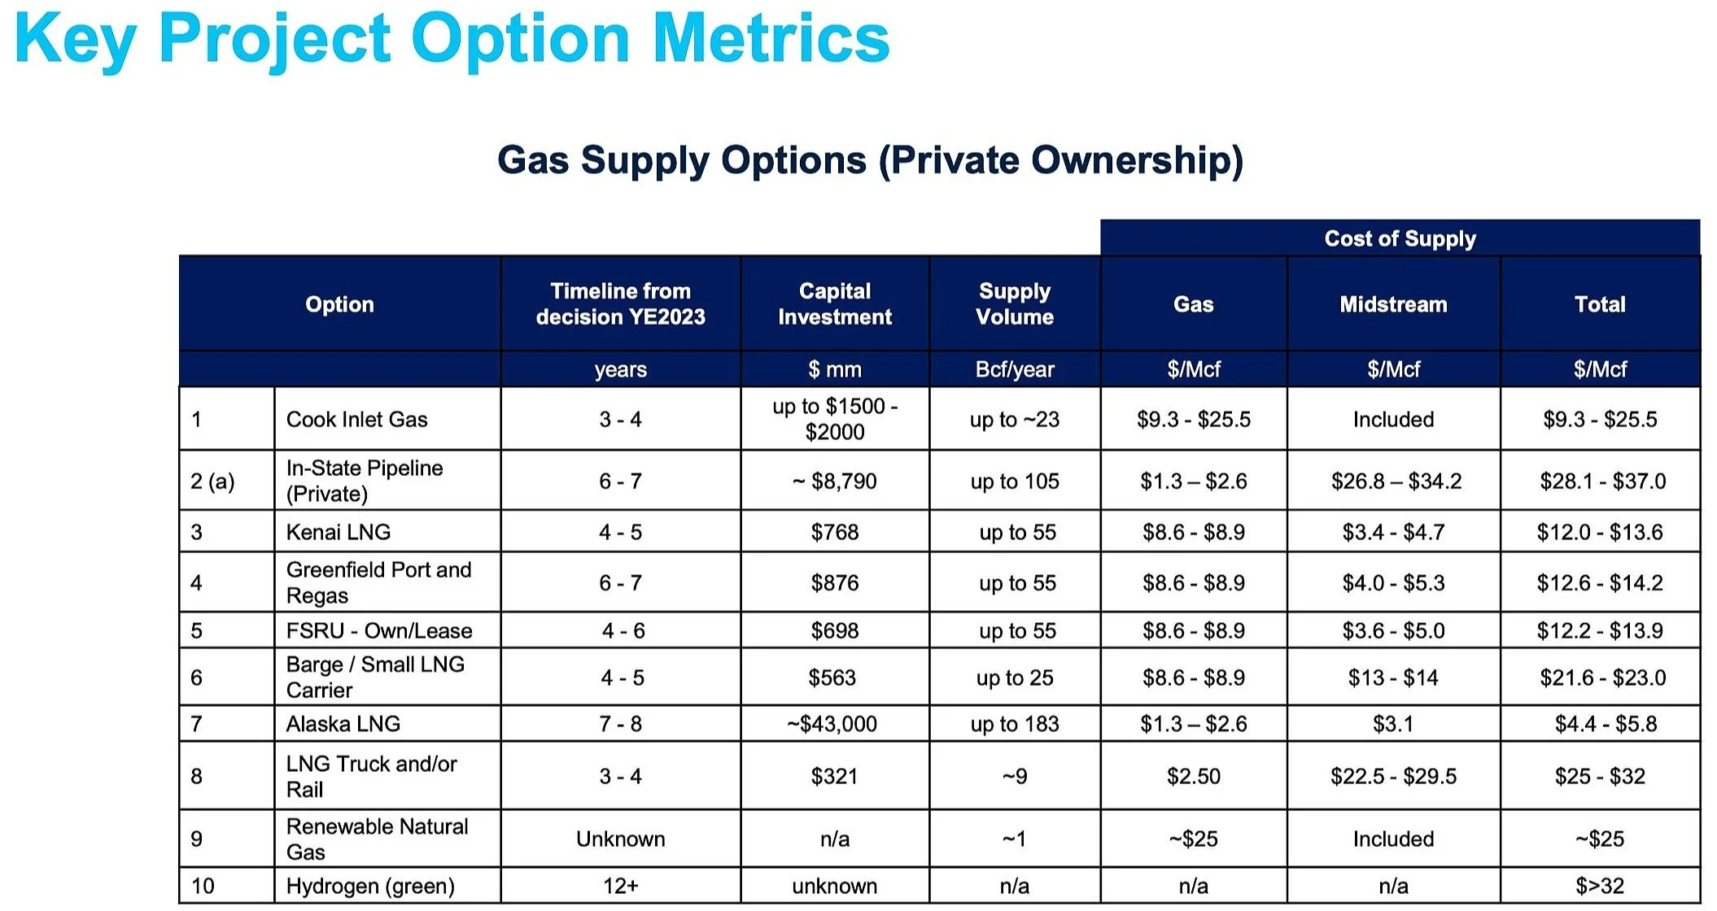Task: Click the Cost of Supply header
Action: point(1400,238)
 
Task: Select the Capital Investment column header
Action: point(835,303)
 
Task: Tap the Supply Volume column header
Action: point(1015,303)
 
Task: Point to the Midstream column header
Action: point(1393,304)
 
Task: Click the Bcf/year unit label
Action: point(1015,369)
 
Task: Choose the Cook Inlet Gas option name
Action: point(356,419)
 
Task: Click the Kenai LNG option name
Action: point(339,532)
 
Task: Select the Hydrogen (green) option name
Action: point(370,886)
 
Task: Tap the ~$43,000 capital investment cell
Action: point(832,724)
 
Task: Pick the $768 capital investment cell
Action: point(835,532)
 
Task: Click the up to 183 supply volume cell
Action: point(1015,724)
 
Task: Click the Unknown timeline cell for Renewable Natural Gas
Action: point(620,839)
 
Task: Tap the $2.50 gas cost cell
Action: point(1194,776)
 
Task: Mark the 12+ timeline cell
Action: point(620,886)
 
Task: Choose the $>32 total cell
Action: point(1600,886)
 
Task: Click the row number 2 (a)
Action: point(212,482)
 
